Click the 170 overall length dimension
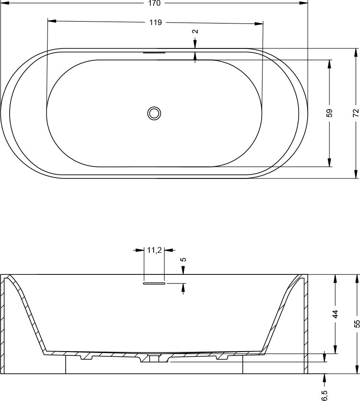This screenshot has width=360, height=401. tap(154, 3)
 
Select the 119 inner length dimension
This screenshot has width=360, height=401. tap(156, 23)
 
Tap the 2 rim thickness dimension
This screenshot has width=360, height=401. tap(195, 32)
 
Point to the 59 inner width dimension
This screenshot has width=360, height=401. tap(330, 113)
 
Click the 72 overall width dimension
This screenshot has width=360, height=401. tap(356, 113)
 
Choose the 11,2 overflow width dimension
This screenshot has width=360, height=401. tap(154, 250)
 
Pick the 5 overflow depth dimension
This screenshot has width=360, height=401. tap(183, 259)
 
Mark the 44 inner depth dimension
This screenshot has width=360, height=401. tap(335, 314)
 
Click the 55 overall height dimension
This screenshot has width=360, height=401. tap(357, 324)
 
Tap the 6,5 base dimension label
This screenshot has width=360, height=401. tap(324, 395)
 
